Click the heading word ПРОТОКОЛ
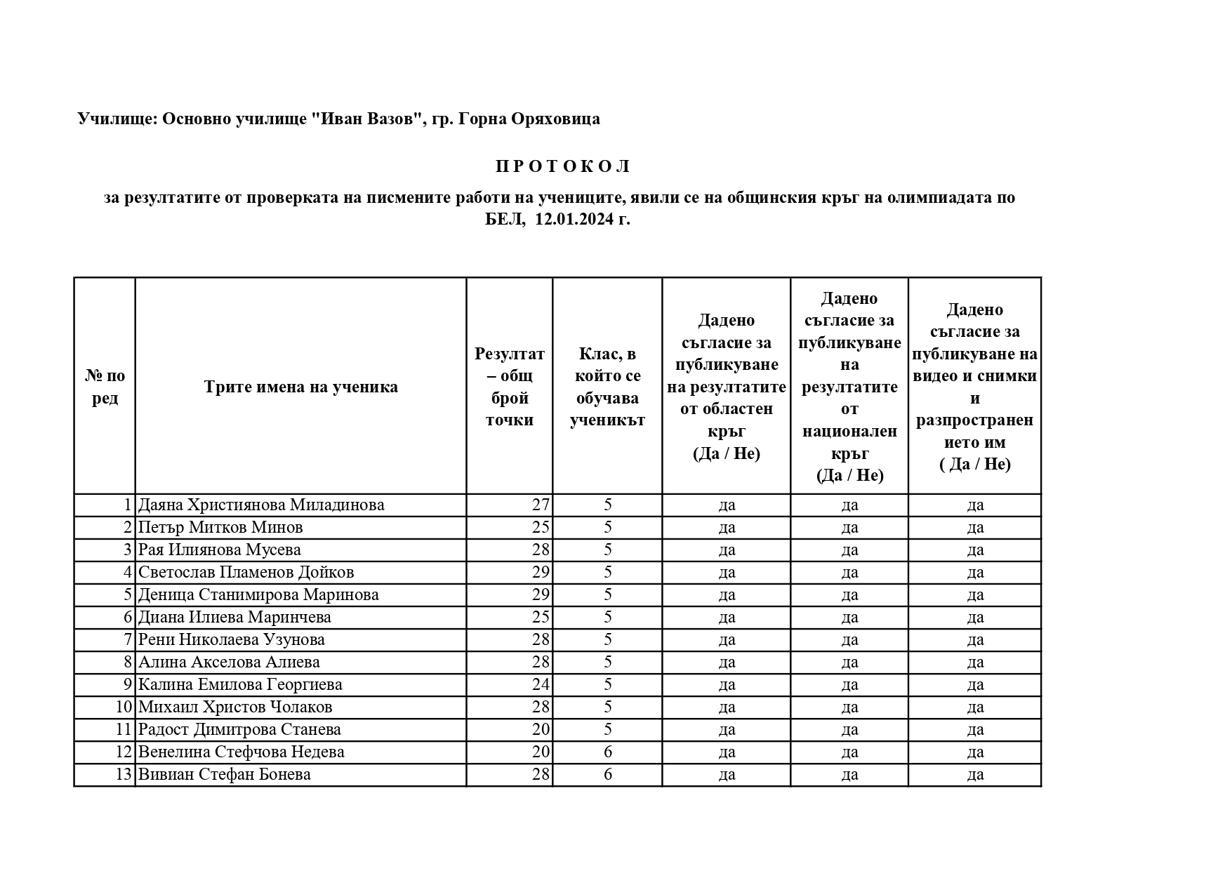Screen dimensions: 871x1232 pos(563,166)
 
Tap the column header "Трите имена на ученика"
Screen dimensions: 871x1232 pos(300,387)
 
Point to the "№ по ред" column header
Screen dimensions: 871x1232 pos(105,387)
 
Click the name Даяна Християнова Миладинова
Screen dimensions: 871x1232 pos(261,505)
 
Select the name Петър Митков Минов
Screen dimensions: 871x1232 pos(220,527)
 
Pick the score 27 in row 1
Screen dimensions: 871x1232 pos(541,505)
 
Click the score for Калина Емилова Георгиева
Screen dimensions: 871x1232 pos(541,684)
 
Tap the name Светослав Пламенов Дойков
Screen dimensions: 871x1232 pos(246,572)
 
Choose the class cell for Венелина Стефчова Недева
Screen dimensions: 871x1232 pos(607,752)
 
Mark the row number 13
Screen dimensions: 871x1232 pos(124,774)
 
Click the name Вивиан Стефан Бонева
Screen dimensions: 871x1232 pos(224,774)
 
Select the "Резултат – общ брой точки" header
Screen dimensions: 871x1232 pos(509,387)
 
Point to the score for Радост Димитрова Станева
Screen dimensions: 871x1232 pos(541,729)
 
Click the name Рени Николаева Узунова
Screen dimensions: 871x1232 pos(231,639)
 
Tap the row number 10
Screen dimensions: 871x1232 pos(124,707)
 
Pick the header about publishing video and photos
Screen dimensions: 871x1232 pos(974,387)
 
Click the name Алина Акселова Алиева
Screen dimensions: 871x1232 pos(229,662)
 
